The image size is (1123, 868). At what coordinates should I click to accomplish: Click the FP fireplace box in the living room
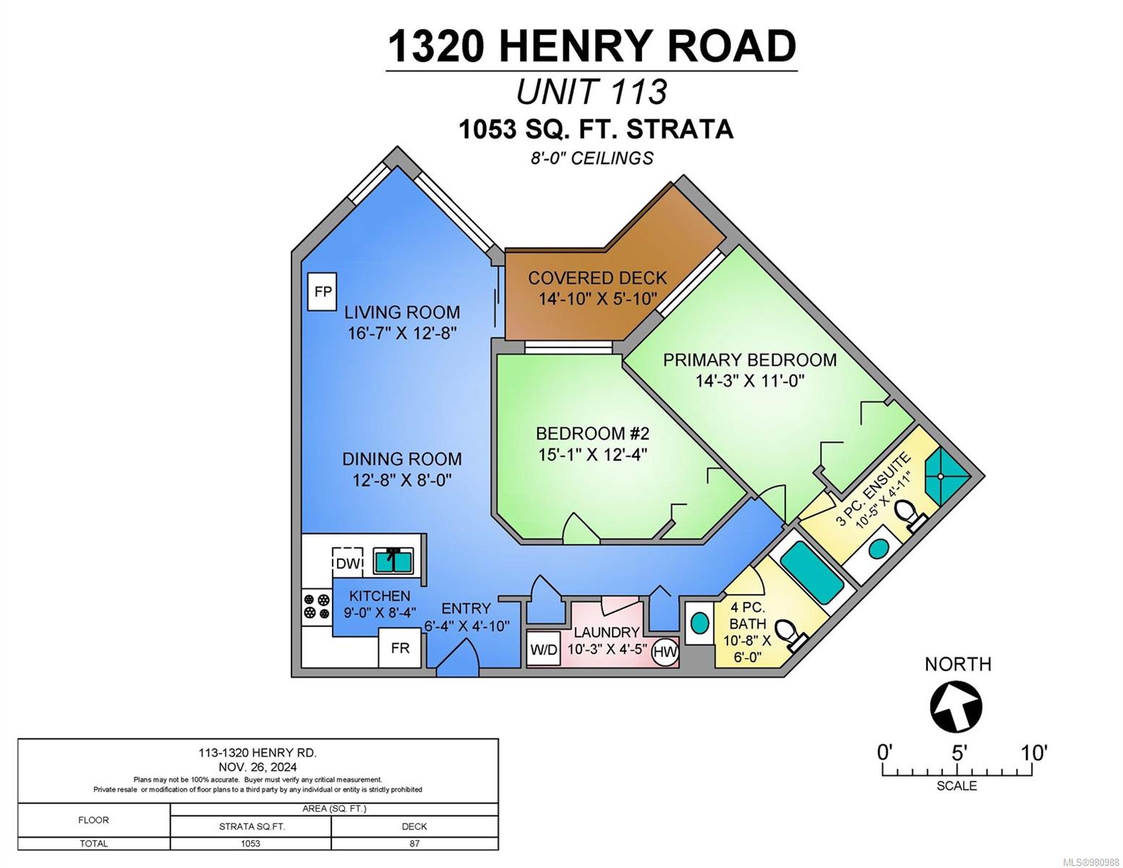(322, 292)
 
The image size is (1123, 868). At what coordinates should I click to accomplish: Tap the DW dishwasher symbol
(347, 563)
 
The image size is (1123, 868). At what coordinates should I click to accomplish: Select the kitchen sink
(393, 561)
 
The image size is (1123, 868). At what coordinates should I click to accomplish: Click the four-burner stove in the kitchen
(317, 606)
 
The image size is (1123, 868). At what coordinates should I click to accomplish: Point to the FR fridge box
(400, 648)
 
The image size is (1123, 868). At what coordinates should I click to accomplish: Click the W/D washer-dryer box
(544, 650)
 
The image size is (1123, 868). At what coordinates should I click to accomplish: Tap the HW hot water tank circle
(665, 652)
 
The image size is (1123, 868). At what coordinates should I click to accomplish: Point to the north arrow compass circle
(956, 706)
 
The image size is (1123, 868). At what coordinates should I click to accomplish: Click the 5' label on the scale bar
(959, 753)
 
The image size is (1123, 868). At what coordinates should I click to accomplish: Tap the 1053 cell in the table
(250, 843)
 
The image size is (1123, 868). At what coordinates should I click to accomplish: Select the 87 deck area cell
(414, 843)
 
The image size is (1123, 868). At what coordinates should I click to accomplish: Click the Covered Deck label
(597, 278)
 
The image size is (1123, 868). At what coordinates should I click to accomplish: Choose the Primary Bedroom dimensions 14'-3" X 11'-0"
(750, 381)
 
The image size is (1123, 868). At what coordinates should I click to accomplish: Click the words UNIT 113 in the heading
(592, 92)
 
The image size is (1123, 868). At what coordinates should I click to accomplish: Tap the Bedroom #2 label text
(592, 433)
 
